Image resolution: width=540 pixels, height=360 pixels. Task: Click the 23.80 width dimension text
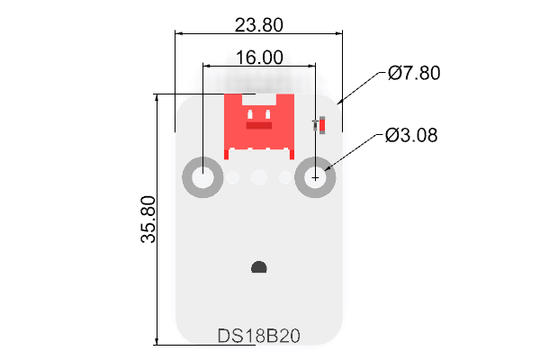point(259,25)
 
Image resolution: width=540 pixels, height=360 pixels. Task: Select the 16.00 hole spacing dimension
point(259,58)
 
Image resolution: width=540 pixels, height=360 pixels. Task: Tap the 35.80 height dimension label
point(148,220)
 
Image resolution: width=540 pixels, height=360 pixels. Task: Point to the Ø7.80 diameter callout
point(414,73)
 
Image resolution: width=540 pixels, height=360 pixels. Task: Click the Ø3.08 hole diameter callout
point(411,135)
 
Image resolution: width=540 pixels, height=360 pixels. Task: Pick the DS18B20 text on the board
point(259,336)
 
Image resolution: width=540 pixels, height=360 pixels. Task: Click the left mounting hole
point(202,177)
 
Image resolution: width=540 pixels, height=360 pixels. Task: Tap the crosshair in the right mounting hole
point(315,178)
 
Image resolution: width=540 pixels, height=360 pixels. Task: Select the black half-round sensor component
point(259,267)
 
